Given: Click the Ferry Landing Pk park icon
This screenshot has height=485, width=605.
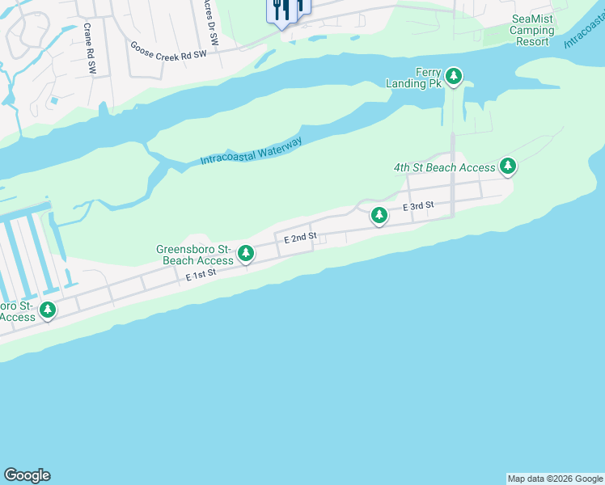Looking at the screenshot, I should click(455, 77).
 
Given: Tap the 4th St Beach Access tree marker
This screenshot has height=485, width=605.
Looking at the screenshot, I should click(508, 167).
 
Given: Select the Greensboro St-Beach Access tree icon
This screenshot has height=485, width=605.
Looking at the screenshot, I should click(246, 254).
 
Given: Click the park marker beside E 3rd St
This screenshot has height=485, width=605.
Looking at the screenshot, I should click(379, 215).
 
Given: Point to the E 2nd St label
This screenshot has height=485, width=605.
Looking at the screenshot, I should click(299, 238).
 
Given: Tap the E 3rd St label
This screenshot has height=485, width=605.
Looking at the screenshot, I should click(419, 207).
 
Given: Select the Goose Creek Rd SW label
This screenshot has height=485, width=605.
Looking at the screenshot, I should click(169, 48).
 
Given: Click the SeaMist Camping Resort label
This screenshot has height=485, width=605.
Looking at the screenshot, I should click(532, 30).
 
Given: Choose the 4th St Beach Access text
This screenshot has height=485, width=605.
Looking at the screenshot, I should click(444, 167).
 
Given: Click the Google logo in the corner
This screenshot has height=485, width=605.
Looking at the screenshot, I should click(27, 475).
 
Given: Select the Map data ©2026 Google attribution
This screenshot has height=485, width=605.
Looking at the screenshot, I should click(555, 479).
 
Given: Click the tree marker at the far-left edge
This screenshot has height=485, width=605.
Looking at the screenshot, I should click(48, 310).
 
